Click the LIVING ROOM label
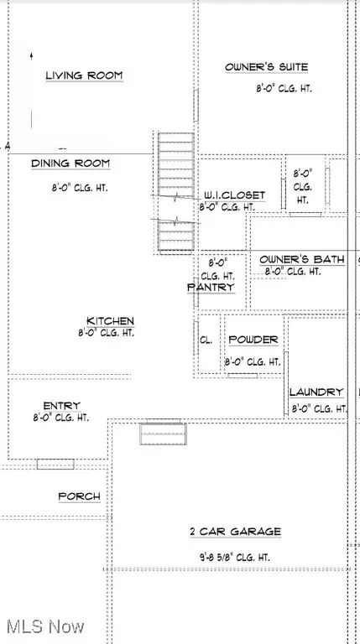[x=84, y=75]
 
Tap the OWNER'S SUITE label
[x=266, y=67]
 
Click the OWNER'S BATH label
[x=301, y=260]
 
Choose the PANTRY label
[x=211, y=287]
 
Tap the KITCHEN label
[x=110, y=321]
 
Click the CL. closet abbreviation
[x=206, y=340]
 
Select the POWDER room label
[x=253, y=340]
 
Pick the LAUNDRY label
[x=316, y=392]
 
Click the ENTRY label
[x=55, y=405]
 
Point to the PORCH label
[x=79, y=496]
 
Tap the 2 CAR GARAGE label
[x=234, y=532]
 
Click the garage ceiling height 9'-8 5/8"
[x=234, y=555]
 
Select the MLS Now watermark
[x=44, y=626]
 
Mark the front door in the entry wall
[x=55, y=464]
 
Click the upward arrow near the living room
[x=32, y=55]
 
